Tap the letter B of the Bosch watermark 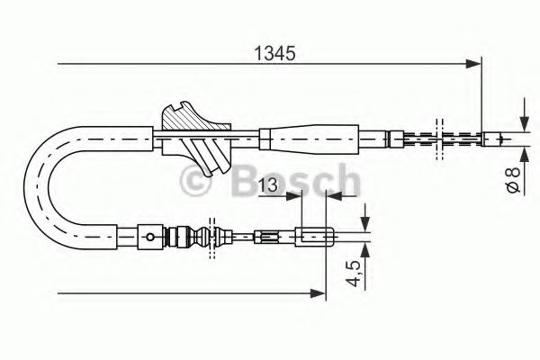pos(246,184)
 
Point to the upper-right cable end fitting pos(496,139)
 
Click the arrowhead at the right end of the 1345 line pos(474,63)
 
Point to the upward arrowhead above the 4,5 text pos(366,248)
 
